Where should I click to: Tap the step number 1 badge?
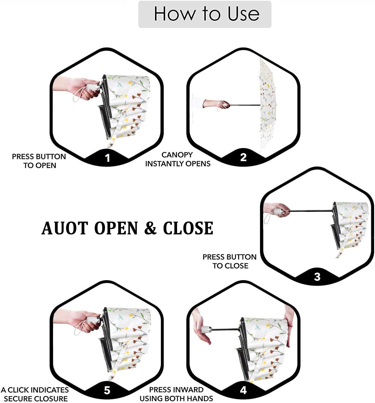[107, 158]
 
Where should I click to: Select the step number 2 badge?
[243, 157]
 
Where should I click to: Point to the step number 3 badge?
[317, 277]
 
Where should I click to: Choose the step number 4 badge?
[243, 390]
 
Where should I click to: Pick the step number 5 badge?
[107, 390]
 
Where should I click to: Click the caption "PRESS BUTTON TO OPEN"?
[39, 161]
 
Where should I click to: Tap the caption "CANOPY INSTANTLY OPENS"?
[177, 159]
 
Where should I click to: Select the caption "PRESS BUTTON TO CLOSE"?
[230, 261]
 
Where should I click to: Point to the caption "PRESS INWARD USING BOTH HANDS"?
[176, 394]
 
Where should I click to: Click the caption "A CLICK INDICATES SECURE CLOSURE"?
[35, 394]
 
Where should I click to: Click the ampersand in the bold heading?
[150, 228]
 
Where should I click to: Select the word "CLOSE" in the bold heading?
[188, 228]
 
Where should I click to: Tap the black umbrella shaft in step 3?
[310, 211]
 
